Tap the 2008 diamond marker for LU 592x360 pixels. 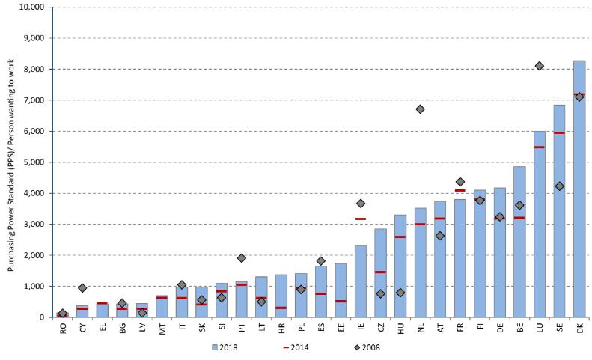539,66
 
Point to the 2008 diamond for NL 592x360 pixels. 420,109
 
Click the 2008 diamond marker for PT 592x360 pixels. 241,258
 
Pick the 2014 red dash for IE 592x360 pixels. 360,219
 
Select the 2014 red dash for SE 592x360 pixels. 559,132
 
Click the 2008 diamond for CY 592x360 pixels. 82,288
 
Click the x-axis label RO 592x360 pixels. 63,329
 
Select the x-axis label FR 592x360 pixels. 460,329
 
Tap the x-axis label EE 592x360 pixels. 341,329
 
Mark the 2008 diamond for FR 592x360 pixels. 460,181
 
